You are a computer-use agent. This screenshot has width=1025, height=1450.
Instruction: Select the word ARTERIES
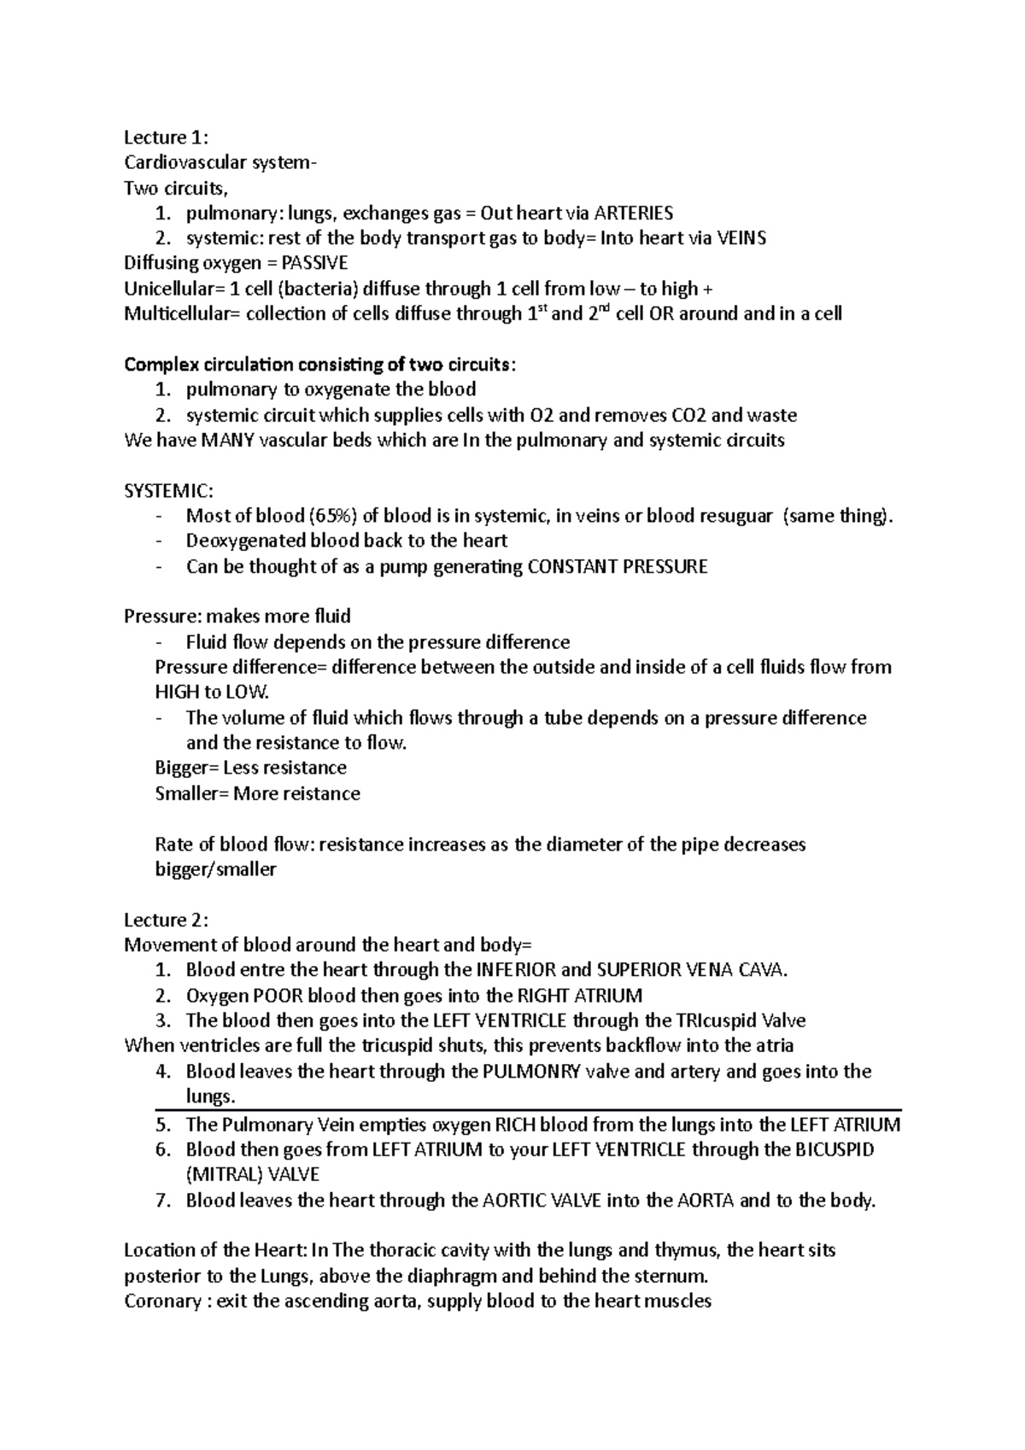point(633,213)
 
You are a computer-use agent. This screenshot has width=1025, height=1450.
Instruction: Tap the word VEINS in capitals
point(741,238)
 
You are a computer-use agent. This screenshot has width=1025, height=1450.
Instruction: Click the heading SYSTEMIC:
point(169,491)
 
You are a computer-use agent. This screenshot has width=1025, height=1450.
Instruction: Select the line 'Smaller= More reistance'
point(257,793)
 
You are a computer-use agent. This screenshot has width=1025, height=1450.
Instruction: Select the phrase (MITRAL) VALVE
point(253,1174)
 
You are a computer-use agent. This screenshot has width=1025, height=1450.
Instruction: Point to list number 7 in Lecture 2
point(163,1200)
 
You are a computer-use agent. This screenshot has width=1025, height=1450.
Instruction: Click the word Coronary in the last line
point(161,1301)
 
